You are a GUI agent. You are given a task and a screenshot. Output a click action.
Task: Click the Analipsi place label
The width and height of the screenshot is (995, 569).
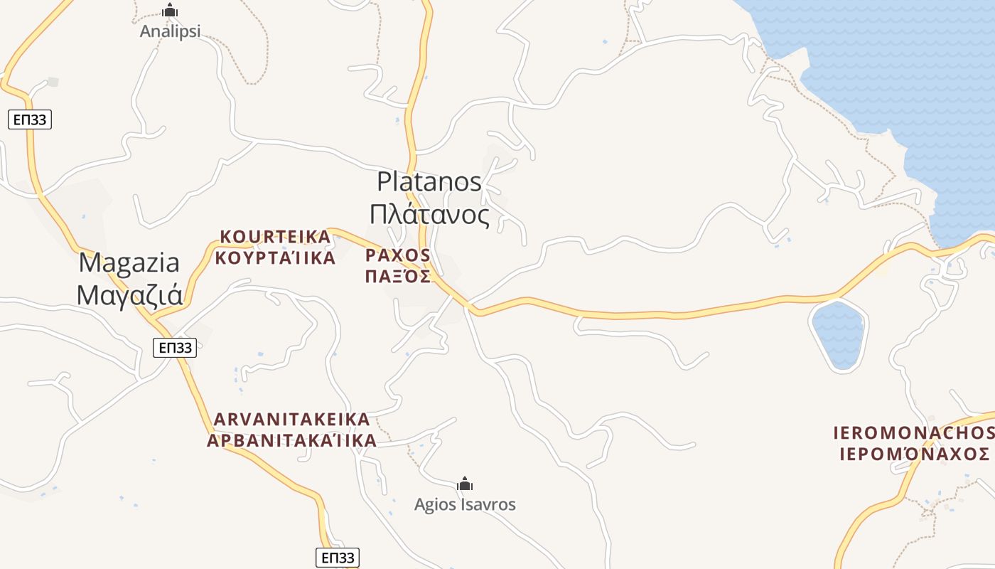coord(170,31)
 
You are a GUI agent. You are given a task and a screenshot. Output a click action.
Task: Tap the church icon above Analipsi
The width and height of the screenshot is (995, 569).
coord(170,11)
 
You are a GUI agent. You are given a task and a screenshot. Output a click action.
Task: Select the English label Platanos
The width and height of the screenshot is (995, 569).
coord(429,181)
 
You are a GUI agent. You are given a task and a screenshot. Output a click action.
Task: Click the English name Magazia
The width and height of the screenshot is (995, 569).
coord(129,262)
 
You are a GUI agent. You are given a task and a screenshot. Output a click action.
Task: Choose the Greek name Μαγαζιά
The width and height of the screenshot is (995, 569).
coord(129,294)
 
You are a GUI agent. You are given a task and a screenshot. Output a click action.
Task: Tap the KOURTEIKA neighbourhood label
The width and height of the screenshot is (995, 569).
coord(275,236)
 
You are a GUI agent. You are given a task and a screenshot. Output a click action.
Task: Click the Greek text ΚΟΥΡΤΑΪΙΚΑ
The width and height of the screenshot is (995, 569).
coord(275,257)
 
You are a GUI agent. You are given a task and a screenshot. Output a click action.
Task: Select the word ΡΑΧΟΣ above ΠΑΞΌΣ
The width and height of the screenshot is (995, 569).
coord(398,255)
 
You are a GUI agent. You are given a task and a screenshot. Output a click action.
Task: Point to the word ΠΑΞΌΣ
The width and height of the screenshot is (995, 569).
coord(398,276)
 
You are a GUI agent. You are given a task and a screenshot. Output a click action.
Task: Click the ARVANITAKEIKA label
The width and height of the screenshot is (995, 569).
coord(291,418)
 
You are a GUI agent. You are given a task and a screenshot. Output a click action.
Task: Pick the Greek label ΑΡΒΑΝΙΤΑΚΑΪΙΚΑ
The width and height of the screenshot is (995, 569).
coord(291,440)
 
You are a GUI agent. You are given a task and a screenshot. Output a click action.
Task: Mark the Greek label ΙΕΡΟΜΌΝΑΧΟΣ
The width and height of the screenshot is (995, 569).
coord(914,454)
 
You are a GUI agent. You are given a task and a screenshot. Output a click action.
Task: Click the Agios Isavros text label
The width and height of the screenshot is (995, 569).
coord(465,504)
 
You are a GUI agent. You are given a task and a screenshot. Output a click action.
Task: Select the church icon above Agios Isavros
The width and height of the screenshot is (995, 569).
coord(465,484)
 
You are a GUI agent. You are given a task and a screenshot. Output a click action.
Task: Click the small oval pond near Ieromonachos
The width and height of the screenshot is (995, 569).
coord(839,335)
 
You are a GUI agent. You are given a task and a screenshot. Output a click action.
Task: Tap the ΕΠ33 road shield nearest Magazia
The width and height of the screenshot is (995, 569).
coord(175,348)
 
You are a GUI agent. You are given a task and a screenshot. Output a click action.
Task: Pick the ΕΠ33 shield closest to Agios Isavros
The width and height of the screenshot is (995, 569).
coord(337,558)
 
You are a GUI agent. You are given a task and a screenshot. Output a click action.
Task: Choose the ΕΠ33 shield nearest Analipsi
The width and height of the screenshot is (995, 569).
coord(30,119)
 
